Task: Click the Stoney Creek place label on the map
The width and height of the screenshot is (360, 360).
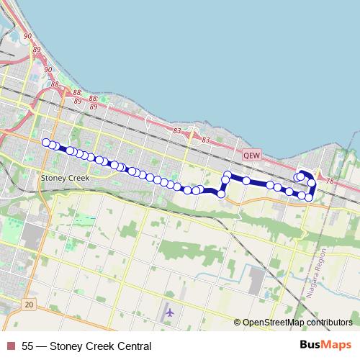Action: [64, 178]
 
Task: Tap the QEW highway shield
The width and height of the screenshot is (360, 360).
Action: [251, 154]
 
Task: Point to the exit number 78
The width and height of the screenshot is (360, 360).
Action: [330, 181]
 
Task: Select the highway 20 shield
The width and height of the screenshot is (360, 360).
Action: [28, 305]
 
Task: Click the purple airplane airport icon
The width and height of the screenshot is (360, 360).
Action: [170, 313]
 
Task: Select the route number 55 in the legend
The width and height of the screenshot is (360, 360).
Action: [27, 346]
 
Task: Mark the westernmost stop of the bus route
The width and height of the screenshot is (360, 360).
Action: [46, 142]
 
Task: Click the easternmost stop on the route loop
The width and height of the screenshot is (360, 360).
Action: [312, 184]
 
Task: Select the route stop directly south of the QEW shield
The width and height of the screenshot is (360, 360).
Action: [246, 180]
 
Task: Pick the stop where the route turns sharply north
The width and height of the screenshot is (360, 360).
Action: [222, 194]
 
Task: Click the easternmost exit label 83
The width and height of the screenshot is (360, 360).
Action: [206, 140]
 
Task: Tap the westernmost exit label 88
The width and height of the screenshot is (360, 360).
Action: [55, 85]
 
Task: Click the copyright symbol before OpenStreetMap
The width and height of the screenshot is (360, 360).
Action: [238, 323]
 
